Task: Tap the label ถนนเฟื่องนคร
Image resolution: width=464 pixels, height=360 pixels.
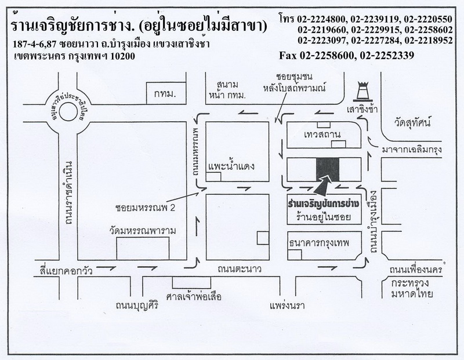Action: (419, 271)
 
